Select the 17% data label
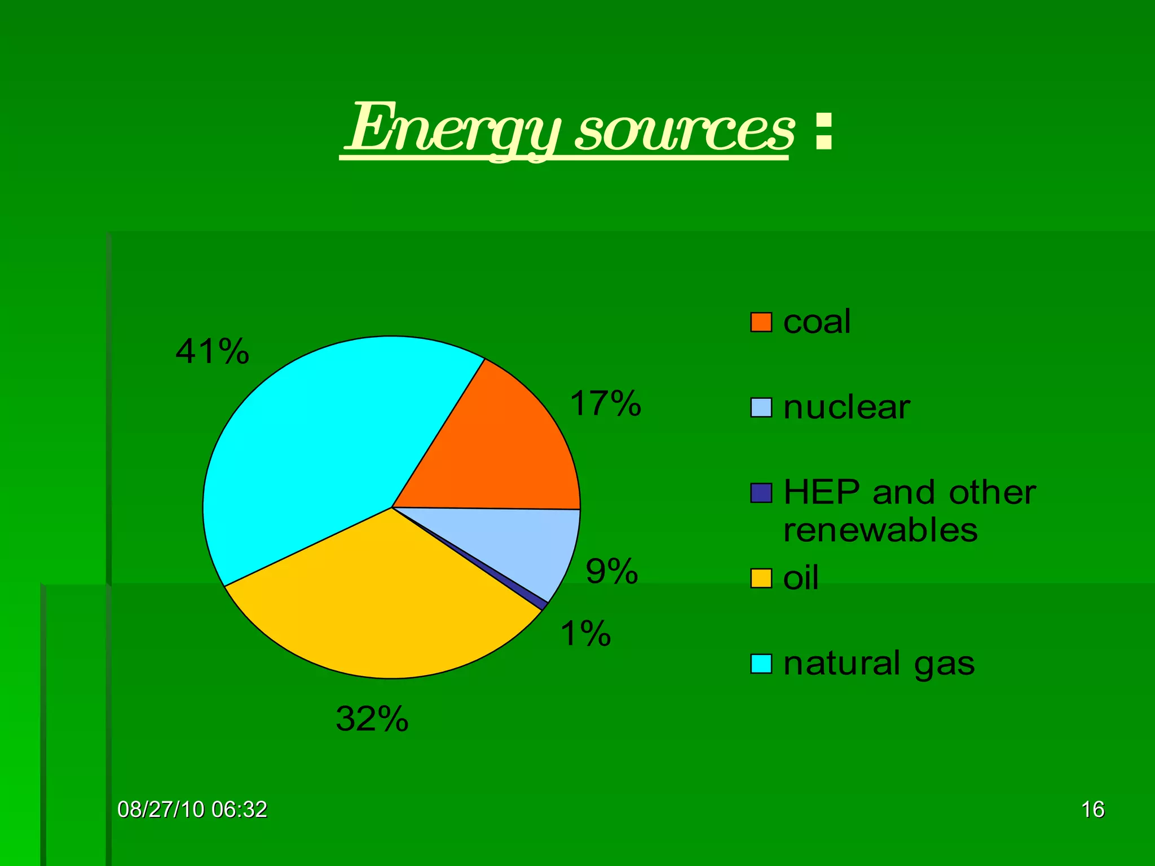point(605,404)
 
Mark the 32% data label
point(372,719)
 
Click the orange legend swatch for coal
point(761,322)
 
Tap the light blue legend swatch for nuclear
point(761,408)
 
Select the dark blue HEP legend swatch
point(761,493)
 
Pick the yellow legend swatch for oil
point(761,578)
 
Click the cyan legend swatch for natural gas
point(761,664)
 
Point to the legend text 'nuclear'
point(847,407)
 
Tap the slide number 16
point(1092,810)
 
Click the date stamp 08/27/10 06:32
point(192,810)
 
